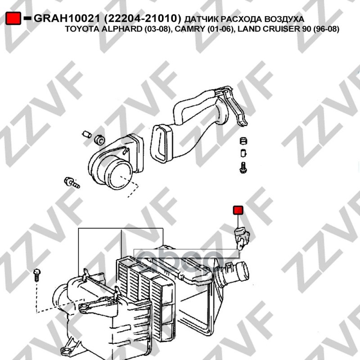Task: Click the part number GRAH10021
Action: tap(67, 18)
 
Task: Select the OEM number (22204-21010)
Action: tap(143, 18)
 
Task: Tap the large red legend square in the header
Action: tap(13, 18)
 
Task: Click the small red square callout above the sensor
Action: tap(238, 210)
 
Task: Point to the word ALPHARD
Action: tap(121, 29)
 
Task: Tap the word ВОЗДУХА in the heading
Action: tap(284, 19)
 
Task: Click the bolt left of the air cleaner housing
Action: tap(37, 275)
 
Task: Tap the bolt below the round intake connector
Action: tap(72, 183)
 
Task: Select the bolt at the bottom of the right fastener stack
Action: tap(243, 167)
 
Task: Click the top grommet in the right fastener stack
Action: tap(243, 140)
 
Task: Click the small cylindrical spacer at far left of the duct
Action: tap(87, 134)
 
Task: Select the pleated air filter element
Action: tap(145, 298)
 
